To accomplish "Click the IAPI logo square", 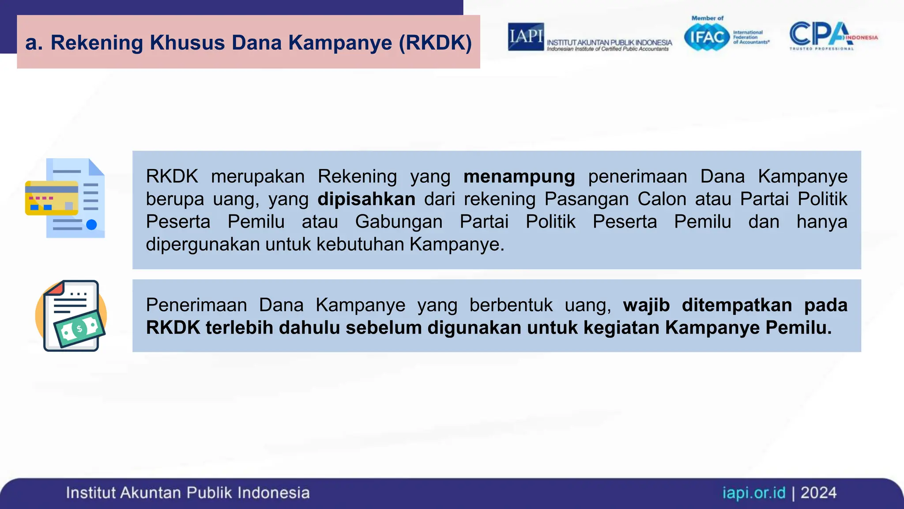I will [x=525, y=37].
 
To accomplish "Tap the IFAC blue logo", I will [x=707, y=37].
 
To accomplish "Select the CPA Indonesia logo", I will [x=832, y=35].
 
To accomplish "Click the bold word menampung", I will [x=519, y=176].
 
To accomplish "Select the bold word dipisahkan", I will [x=366, y=199].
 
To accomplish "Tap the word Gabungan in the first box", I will [x=399, y=221].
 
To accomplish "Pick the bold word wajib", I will [x=646, y=305].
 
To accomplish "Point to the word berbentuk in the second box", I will [x=511, y=305].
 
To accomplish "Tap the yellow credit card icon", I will [x=52, y=198].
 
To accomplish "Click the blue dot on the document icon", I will [x=91, y=224].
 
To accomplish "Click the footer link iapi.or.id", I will [x=754, y=493].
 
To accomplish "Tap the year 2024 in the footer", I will [x=818, y=493].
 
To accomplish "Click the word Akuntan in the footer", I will [x=151, y=493].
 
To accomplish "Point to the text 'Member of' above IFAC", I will [x=707, y=18].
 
